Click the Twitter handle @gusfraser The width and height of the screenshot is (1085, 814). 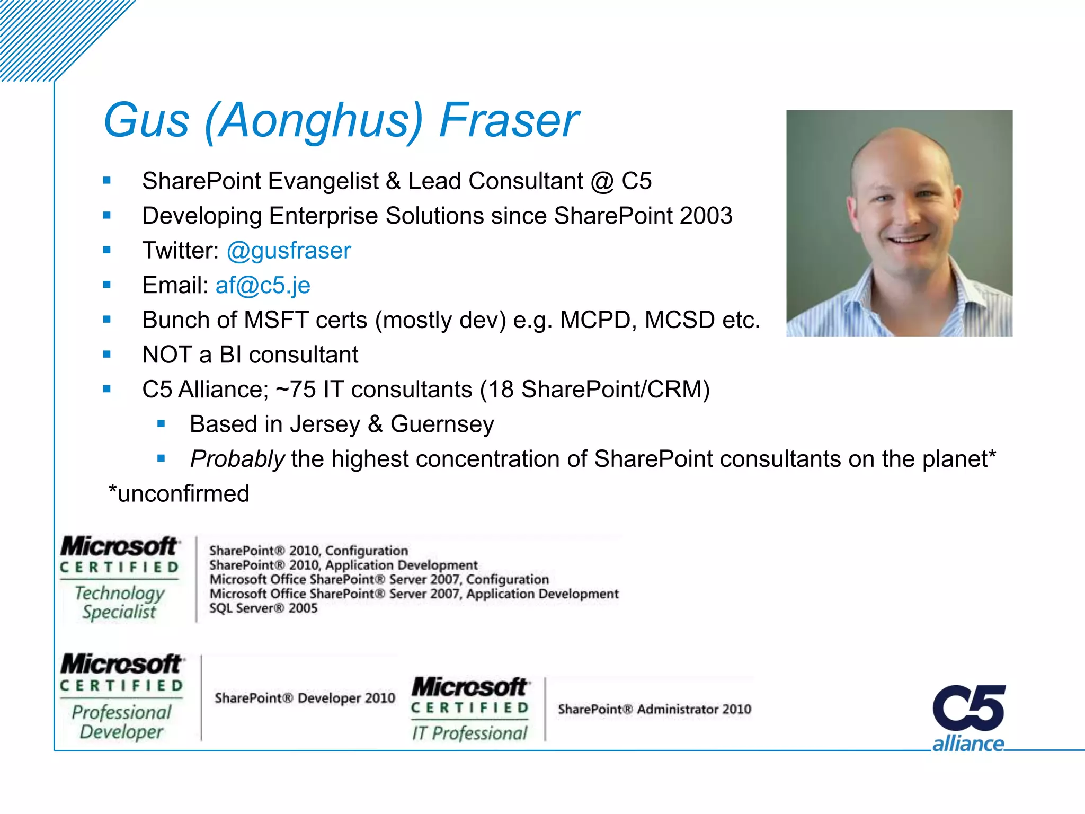point(289,251)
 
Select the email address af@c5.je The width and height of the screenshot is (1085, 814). point(263,286)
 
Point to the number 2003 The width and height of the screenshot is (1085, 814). point(706,216)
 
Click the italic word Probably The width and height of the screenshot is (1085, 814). point(237,459)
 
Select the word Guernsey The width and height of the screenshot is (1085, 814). point(442,424)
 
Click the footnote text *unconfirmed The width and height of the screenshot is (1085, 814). point(179,494)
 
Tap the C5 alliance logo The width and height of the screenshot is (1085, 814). point(968,718)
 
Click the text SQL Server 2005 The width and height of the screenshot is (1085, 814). point(263,608)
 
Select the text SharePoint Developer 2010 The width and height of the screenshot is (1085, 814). point(305,698)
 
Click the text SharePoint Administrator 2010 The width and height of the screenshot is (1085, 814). point(654,709)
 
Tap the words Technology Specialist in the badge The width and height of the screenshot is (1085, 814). point(120,603)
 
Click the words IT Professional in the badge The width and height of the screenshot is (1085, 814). point(470,733)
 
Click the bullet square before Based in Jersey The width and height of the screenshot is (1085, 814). point(162,424)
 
